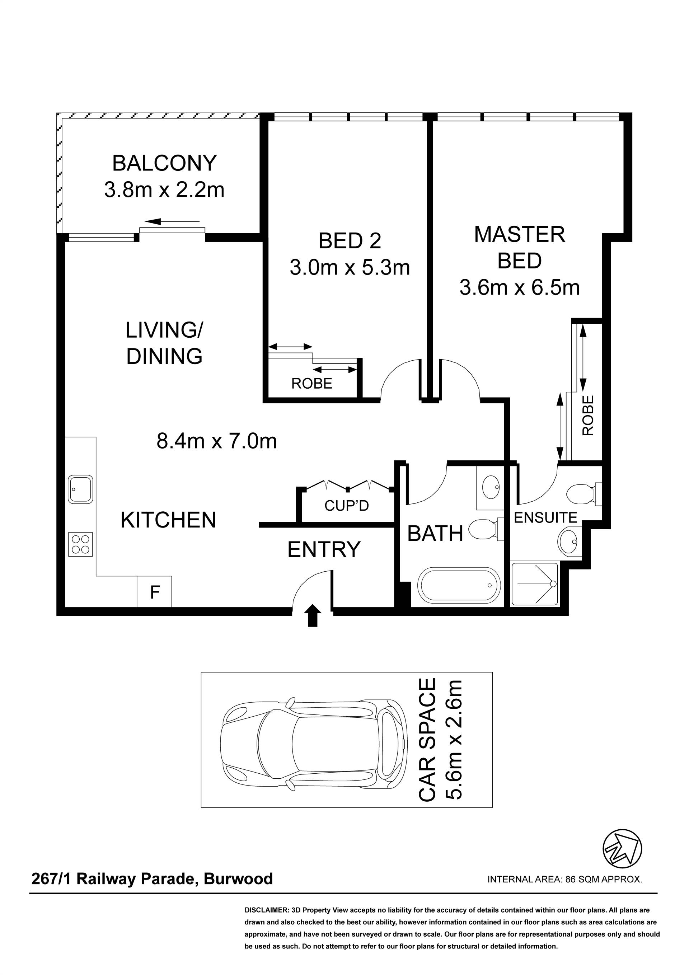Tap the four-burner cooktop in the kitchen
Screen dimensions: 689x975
(80, 544)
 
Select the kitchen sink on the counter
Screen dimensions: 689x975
(80, 489)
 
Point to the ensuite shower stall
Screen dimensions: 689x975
(534, 583)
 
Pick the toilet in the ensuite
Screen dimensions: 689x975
(584, 493)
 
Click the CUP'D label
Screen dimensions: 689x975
(347, 505)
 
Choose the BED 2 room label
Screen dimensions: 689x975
(350, 241)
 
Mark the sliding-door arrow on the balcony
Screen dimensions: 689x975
(172, 221)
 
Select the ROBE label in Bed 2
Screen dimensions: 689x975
(312, 384)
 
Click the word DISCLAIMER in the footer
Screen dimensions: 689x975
(266, 910)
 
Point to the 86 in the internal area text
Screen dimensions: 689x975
(571, 880)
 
